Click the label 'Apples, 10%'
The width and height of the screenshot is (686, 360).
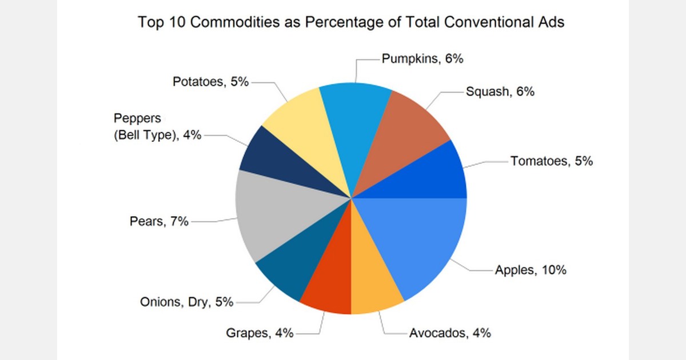(x=531, y=270)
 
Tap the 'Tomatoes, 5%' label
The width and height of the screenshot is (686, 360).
(x=552, y=161)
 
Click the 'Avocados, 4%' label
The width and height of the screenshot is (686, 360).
(x=450, y=333)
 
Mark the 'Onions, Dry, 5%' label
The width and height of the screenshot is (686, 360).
(x=186, y=302)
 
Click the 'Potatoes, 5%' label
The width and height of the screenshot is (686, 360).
(x=210, y=82)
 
